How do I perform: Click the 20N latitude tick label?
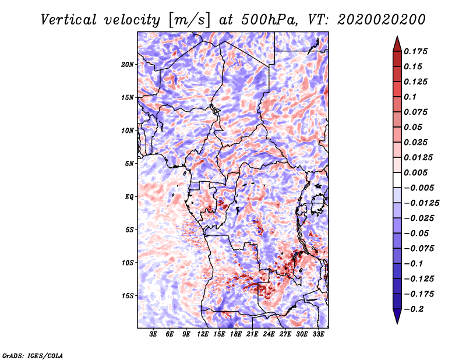tap(128, 64)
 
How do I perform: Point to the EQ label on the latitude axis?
tap(129, 197)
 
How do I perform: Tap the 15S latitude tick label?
tap(128, 296)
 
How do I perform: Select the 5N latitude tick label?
tap(129, 164)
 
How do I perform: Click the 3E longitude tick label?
tap(154, 335)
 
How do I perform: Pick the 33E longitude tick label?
tap(318, 335)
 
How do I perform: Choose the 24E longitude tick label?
tap(269, 335)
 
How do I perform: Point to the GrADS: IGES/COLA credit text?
tap(33, 354)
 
